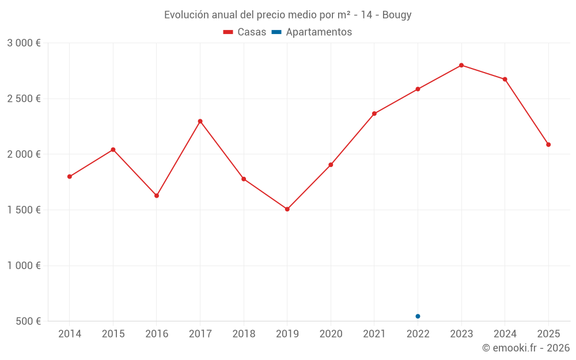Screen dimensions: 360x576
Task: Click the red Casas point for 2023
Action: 461,65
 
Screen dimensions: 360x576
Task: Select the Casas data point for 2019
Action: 287,209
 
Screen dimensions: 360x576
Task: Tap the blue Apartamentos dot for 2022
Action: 418,316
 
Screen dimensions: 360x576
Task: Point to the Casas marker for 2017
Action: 200,122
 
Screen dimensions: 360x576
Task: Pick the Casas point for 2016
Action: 157,196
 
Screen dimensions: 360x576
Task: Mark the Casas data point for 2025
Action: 548,145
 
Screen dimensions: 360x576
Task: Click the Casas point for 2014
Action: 70,177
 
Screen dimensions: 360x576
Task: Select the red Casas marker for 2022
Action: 418,89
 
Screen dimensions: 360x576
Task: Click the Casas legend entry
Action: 245,32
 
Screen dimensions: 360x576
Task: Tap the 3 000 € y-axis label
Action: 24,43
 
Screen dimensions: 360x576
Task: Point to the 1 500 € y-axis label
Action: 24,210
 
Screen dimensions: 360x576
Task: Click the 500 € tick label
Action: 28,321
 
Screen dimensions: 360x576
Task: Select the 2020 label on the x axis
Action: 331,334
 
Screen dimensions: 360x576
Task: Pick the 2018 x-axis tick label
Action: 244,334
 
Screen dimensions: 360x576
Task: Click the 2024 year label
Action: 505,334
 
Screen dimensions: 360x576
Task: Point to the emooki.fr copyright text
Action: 526,348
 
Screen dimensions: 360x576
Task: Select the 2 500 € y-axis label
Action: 24,98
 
